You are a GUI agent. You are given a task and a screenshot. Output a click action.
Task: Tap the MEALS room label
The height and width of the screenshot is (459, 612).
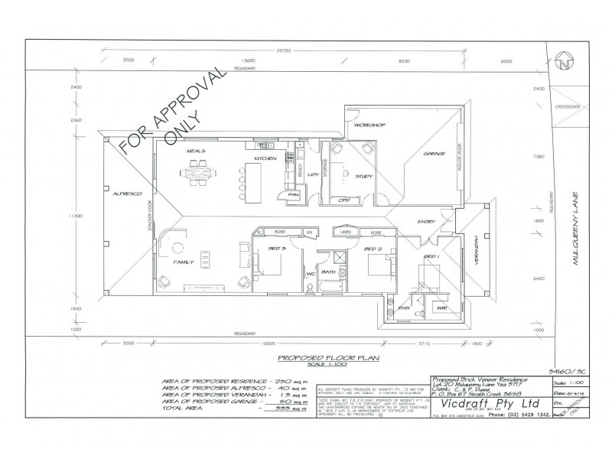point(196,151)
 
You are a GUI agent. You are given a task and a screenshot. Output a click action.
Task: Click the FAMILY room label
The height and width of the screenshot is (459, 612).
point(184,262)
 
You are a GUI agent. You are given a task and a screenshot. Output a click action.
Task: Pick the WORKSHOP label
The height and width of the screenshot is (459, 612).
point(369,125)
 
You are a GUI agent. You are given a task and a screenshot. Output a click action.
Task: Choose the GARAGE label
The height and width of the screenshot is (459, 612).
point(435,155)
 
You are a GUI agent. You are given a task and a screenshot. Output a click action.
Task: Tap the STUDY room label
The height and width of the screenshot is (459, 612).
point(364,177)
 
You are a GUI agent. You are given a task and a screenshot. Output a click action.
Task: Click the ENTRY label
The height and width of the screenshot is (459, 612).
point(426,222)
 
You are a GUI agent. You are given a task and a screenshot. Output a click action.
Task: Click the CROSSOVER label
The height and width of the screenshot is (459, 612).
point(569,106)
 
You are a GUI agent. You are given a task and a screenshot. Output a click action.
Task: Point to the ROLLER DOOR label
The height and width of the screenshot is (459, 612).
point(459,156)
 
